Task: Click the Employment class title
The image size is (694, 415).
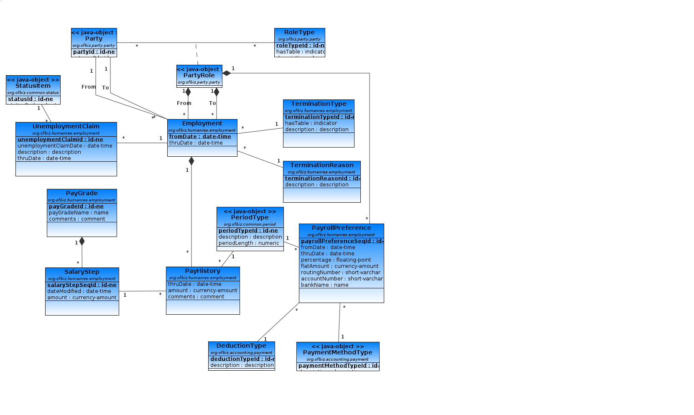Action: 202,123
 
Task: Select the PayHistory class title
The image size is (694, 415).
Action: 202,271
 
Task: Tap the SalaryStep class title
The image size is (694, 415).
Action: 82,272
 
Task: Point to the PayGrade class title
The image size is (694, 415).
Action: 82,193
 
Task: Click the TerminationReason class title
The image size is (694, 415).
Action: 321,165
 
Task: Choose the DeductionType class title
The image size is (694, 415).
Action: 241,346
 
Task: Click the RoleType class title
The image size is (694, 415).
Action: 299,32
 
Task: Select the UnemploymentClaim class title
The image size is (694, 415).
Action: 66,126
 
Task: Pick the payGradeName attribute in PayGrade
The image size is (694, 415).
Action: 79,213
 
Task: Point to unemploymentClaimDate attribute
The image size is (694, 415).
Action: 65,146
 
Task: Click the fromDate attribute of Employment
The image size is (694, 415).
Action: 200,137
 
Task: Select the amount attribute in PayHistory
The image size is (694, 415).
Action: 202,290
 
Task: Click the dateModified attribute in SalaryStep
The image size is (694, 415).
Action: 79,291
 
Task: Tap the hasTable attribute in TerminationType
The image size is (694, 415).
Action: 311,123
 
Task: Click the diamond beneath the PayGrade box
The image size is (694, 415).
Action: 82,241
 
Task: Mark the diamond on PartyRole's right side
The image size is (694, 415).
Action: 227,73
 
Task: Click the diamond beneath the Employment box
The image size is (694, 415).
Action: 191,161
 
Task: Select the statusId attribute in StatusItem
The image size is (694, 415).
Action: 31,99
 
